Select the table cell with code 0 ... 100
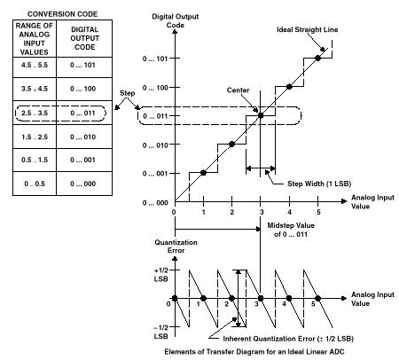coord(83,89)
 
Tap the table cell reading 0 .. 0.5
coord(35,184)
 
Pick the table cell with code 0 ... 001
coord(83,160)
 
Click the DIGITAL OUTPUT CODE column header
coord(84,38)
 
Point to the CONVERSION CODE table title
coord(62,14)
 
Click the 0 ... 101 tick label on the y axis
coord(155,59)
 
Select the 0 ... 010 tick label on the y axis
coord(155,145)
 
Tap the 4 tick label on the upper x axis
coord(289,212)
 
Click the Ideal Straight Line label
coord(308,29)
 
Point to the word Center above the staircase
coord(238,90)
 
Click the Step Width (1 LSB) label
coord(319,184)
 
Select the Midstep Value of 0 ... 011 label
coord(291,230)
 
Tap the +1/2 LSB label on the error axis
coord(161,275)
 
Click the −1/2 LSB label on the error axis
coord(161,332)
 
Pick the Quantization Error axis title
coord(176,247)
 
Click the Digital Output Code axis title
coord(176,20)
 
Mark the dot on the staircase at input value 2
coord(232,145)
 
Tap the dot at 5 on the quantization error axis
coord(318,299)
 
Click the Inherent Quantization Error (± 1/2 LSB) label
coord(288,339)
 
